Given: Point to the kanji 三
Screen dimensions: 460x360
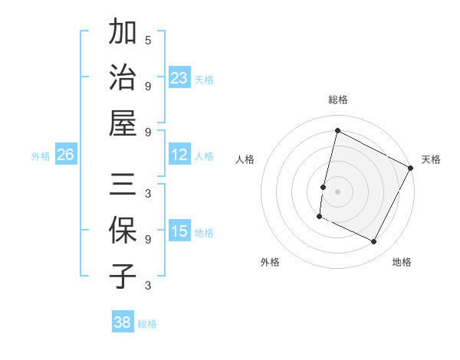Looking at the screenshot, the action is (123, 185).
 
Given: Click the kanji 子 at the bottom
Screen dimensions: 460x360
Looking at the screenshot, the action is (123, 276).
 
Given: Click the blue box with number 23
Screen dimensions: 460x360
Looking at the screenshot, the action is (179, 78).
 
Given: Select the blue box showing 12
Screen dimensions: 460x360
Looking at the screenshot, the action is (179, 155).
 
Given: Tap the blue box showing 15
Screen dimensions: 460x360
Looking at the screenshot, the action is (179, 232).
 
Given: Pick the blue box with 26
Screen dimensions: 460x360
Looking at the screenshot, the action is (65, 155).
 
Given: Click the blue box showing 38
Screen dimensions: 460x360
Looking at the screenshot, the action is (123, 323).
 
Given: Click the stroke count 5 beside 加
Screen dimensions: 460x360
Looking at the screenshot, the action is (148, 40).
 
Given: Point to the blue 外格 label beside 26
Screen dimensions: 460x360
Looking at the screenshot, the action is (41, 156).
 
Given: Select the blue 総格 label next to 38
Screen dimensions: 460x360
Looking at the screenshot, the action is (147, 324).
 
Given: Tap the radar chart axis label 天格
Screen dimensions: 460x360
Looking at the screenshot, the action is (431, 159).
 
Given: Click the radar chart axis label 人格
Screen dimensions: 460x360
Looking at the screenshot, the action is (245, 159).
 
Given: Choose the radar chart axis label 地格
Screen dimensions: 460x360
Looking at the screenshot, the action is (402, 262).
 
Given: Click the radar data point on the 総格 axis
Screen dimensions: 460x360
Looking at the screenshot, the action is (337, 130).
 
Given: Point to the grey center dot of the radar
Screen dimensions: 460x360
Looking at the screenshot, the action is (337, 191).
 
